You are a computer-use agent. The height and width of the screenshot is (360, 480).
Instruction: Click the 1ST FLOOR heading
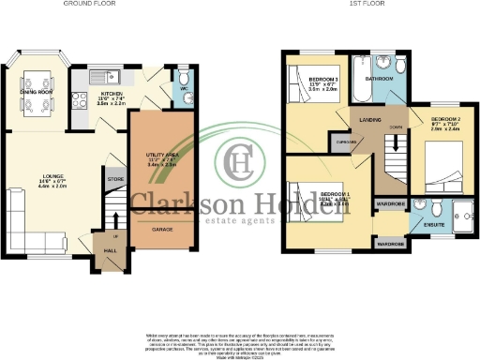pyautogui.click(x=368, y=4)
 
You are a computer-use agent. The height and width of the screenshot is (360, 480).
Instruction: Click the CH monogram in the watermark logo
pyautogui.click(x=241, y=161)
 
